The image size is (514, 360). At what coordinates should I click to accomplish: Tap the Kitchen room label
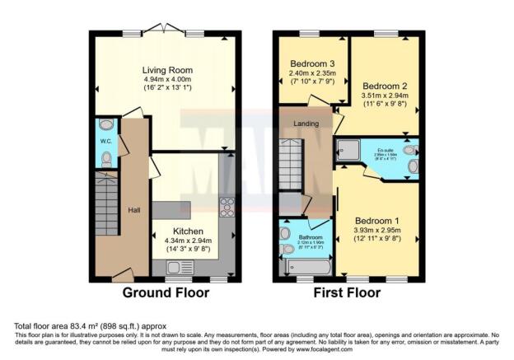188,231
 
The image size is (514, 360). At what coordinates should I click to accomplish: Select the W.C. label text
106,141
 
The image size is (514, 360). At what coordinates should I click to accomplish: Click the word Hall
133,210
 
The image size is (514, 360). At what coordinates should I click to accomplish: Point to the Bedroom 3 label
314,63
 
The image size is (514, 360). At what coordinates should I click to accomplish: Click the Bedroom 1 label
378,221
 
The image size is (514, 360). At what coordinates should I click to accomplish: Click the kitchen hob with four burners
226,207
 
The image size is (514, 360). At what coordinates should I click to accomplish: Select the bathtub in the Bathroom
306,268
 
